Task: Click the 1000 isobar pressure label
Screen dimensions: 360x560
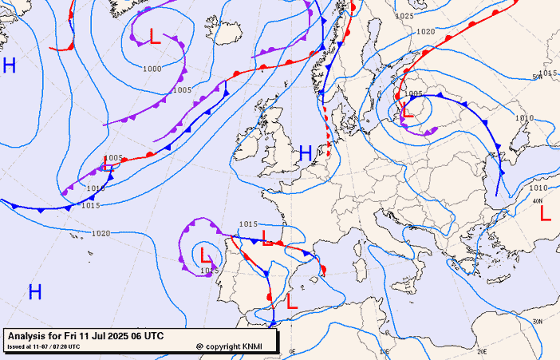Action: pos(152,69)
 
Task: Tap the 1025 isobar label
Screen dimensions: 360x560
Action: pos(404,16)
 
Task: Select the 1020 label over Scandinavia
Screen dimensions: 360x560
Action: pos(425,32)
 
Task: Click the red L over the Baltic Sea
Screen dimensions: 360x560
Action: pos(407,111)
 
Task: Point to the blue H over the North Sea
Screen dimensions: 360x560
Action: pos(306,153)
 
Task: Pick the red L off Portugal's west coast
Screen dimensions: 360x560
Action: pos(206,255)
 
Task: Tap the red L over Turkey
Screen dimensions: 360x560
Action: pos(546,213)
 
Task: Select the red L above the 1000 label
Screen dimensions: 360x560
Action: pos(155,36)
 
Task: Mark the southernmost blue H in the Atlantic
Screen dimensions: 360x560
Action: pos(35,292)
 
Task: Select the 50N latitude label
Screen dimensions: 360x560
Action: pos(537,77)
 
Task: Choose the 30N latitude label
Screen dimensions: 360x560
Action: pos(538,322)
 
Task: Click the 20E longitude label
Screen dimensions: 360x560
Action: pos(481,350)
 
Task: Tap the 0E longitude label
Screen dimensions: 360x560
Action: pos(292,350)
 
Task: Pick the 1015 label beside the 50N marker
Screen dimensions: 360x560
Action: pos(547,73)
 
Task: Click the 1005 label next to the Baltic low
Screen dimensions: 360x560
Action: pos(413,94)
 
